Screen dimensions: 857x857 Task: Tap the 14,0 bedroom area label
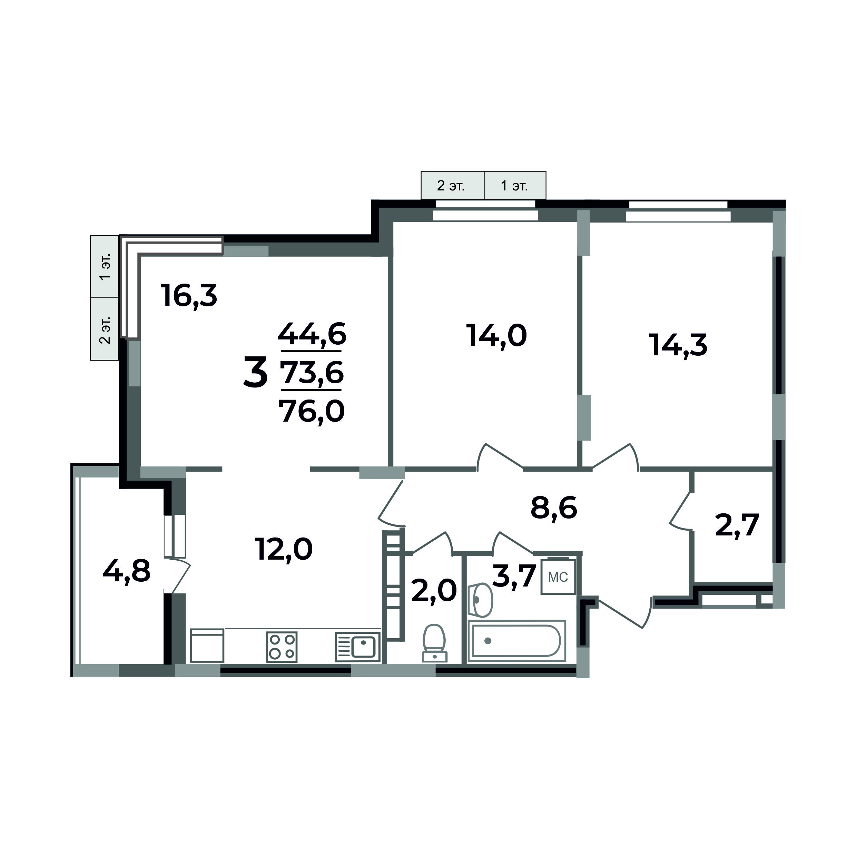tap(496, 335)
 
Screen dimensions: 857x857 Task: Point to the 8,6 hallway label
tap(554, 508)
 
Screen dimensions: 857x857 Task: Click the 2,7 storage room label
tap(737, 525)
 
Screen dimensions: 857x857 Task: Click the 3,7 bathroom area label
tap(514, 576)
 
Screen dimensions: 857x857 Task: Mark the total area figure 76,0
tap(312, 411)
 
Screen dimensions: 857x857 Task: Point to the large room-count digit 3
tap(256, 372)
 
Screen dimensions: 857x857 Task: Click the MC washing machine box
tap(558, 577)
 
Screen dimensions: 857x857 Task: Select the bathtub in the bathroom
tap(516, 641)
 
